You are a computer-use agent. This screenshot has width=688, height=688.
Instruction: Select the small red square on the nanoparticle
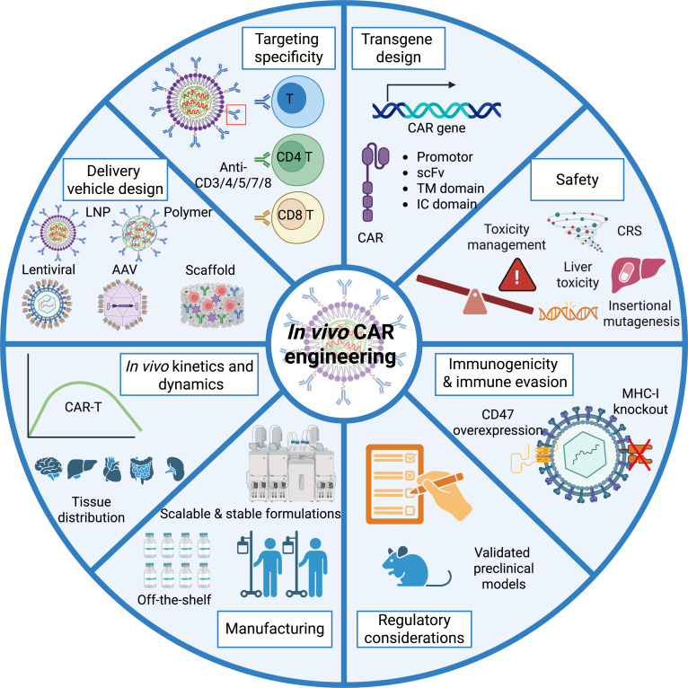[x=237, y=113]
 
